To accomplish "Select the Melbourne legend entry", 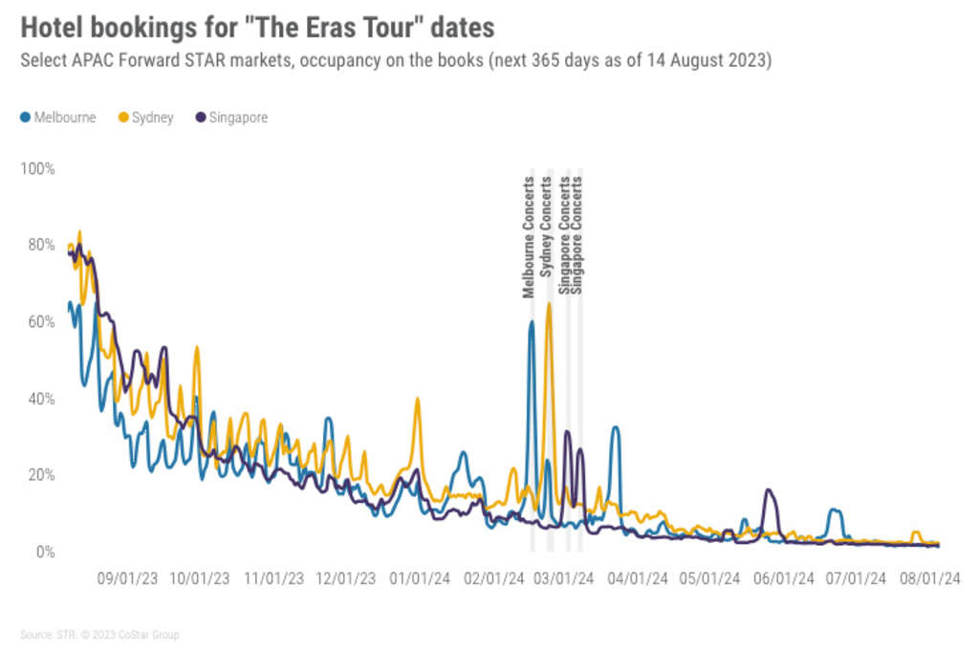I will pyautogui.click(x=58, y=118).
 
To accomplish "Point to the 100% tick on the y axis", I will pyautogui.click(x=38, y=168).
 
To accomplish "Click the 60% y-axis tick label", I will pyautogui.click(x=41, y=322).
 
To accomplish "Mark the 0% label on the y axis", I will pyautogui.click(x=45, y=553).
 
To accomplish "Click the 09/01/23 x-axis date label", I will pyautogui.click(x=127, y=578).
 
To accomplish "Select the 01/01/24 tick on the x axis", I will pyautogui.click(x=421, y=578).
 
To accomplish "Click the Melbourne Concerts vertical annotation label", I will pyautogui.click(x=529, y=237).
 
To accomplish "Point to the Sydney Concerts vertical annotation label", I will pyautogui.click(x=547, y=228).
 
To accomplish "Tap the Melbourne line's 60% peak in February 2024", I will pyautogui.click(x=532, y=322).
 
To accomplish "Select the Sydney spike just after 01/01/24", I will pyautogui.click(x=417, y=399).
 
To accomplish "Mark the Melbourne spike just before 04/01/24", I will pyautogui.click(x=616, y=427).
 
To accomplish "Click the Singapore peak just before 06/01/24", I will pyautogui.click(x=768, y=490).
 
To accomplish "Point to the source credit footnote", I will pyautogui.click(x=99, y=635).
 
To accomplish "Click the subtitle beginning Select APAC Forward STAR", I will pyautogui.click(x=396, y=60).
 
